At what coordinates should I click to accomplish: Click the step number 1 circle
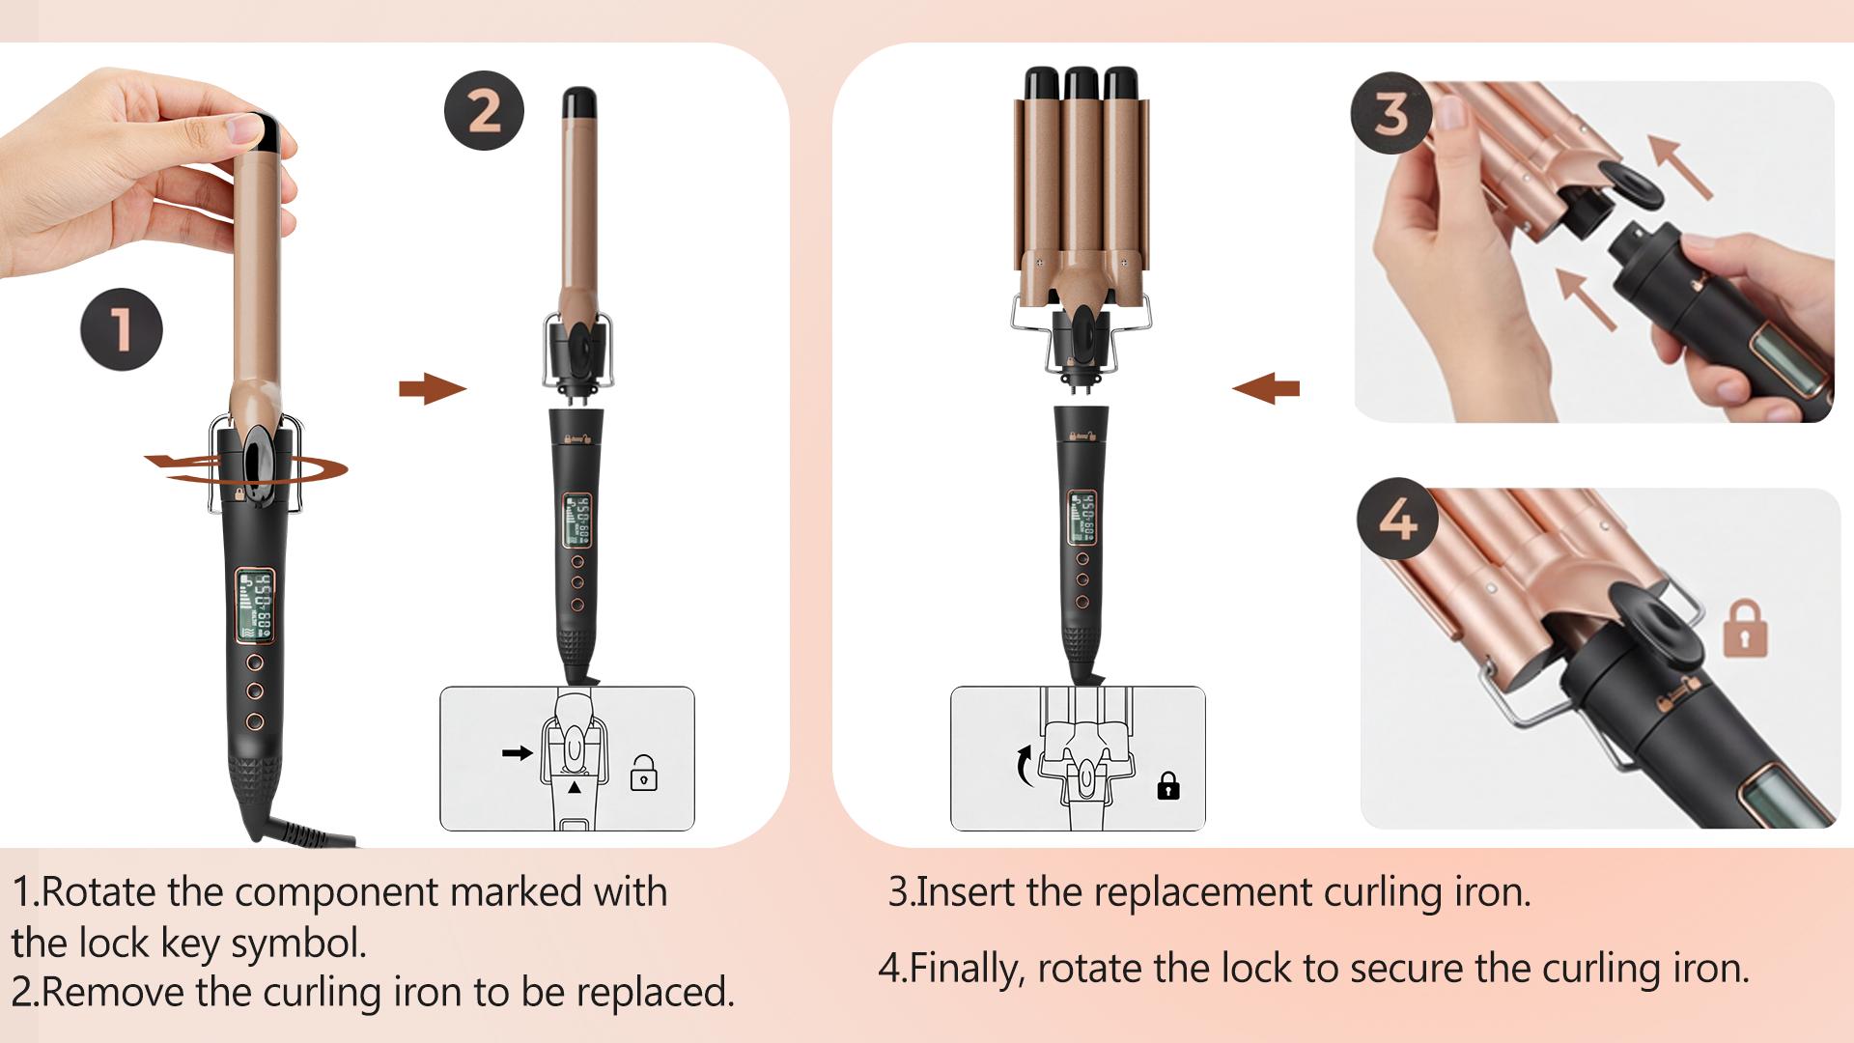click(122, 329)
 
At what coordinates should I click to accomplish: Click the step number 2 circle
click(484, 111)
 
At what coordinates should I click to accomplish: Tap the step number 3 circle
click(1390, 114)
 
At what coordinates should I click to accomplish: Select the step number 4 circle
click(1397, 522)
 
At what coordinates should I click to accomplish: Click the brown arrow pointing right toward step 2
click(432, 390)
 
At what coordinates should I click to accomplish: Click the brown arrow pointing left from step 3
click(1266, 390)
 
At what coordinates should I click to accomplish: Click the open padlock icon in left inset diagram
click(643, 775)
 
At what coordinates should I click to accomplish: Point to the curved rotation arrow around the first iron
click(319, 469)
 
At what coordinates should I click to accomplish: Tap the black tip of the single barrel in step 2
click(579, 100)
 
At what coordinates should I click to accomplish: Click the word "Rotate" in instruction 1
click(100, 891)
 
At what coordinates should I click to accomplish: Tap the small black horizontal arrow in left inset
click(518, 752)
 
